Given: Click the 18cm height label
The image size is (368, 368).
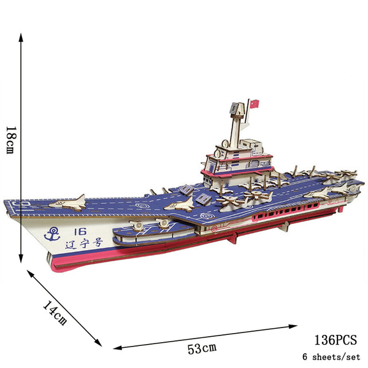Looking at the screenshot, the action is pyautogui.click(x=11, y=140).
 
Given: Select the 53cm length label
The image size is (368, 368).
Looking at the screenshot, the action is pyautogui.click(x=202, y=348).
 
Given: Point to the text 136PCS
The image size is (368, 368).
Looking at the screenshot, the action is pyautogui.click(x=335, y=340).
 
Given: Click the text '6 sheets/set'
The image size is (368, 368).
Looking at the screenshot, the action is pyautogui.click(x=331, y=357).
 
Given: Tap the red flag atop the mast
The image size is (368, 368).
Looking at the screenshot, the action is pyautogui.click(x=255, y=104).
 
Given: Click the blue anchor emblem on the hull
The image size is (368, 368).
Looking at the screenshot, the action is pyautogui.click(x=52, y=234).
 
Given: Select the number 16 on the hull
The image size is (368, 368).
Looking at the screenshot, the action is pyautogui.click(x=80, y=232).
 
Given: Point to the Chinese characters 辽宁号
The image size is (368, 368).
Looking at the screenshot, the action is pyautogui.click(x=84, y=243).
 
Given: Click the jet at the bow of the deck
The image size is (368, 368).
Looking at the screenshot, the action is pyautogui.click(x=68, y=202).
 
